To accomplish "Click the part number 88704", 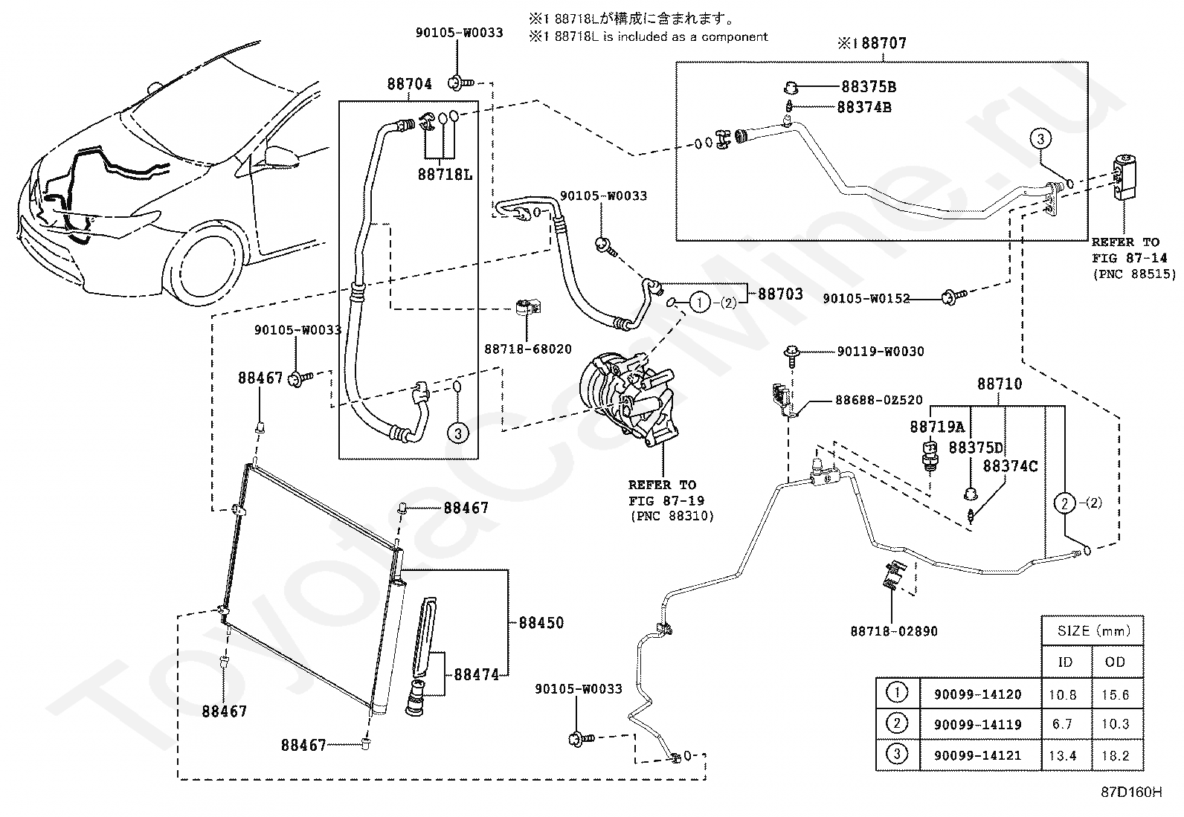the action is click(409, 84).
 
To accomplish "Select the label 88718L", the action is click(445, 175).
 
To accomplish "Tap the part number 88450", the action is click(541, 622).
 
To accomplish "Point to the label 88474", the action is click(476, 674).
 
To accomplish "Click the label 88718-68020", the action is click(528, 349).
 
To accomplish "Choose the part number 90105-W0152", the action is click(866, 299).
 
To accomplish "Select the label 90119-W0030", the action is click(881, 352).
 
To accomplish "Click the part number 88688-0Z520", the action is click(879, 400).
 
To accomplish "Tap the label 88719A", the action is click(937, 427).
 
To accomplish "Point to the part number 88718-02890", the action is click(894, 631).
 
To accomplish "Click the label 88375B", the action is click(869, 87).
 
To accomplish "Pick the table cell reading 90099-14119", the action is click(977, 724).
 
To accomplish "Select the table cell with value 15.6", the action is click(1116, 694).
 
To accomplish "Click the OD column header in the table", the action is click(1116, 662).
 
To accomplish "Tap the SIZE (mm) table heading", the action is click(1093, 630).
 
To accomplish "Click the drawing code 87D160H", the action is click(1132, 792).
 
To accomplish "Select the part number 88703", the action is click(780, 294).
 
